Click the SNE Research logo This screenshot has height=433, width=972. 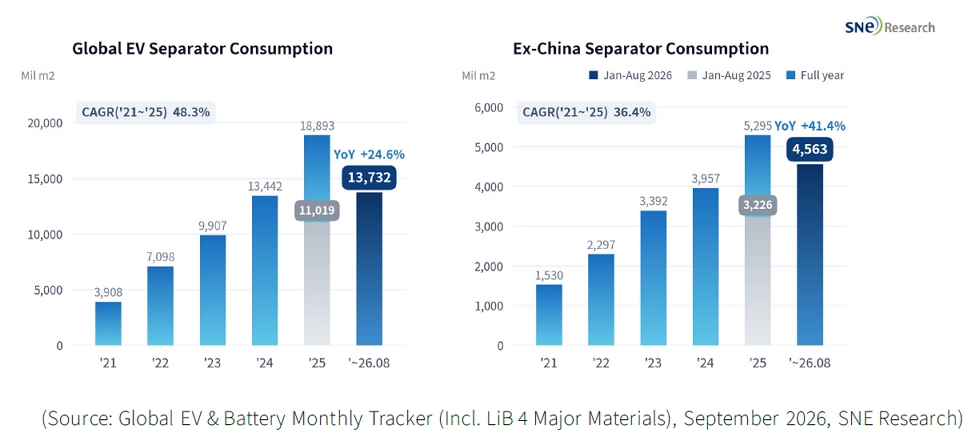(x=890, y=27)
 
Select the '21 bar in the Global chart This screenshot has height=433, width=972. (x=108, y=323)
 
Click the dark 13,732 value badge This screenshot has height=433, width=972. (x=369, y=178)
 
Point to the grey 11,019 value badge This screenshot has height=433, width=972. (x=317, y=211)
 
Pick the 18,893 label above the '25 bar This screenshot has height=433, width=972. (x=317, y=126)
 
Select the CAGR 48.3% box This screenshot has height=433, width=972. (x=146, y=113)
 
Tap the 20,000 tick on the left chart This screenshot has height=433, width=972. (x=46, y=123)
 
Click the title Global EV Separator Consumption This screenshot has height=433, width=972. (x=203, y=48)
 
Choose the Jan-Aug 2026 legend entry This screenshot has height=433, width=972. (x=624, y=76)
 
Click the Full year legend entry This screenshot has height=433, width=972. (x=816, y=76)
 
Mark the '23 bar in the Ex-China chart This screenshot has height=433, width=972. (x=653, y=278)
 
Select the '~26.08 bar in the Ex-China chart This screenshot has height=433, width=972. (x=810, y=255)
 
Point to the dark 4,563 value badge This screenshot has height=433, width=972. (x=810, y=149)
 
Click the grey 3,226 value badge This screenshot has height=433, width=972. (x=758, y=206)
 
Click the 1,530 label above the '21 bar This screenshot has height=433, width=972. (x=549, y=275)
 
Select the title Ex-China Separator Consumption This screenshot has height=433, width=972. (x=641, y=48)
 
